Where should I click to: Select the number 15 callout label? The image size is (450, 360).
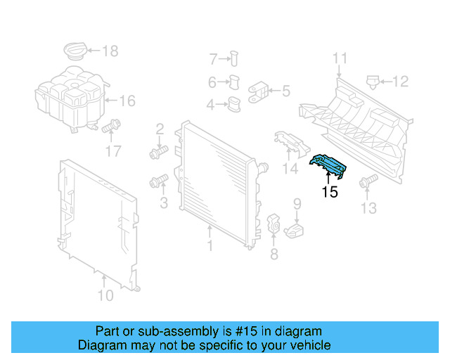click(329, 192)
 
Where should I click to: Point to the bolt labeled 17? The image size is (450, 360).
click(110, 129)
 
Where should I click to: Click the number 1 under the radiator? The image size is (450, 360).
click(209, 245)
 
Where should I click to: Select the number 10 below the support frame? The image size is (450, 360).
click(104, 295)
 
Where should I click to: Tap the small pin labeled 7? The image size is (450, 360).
click(234, 58)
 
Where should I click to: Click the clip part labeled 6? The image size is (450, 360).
click(235, 82)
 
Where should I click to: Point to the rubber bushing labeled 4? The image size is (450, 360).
click(232, 105)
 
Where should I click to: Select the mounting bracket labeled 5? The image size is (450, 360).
click(259, 90)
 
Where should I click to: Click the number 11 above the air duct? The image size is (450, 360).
click(340, 59)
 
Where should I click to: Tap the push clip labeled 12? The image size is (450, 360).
click(373, 82)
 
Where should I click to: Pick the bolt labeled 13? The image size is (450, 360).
click(366, 183)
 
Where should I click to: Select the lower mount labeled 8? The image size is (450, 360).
click(274, 225)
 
